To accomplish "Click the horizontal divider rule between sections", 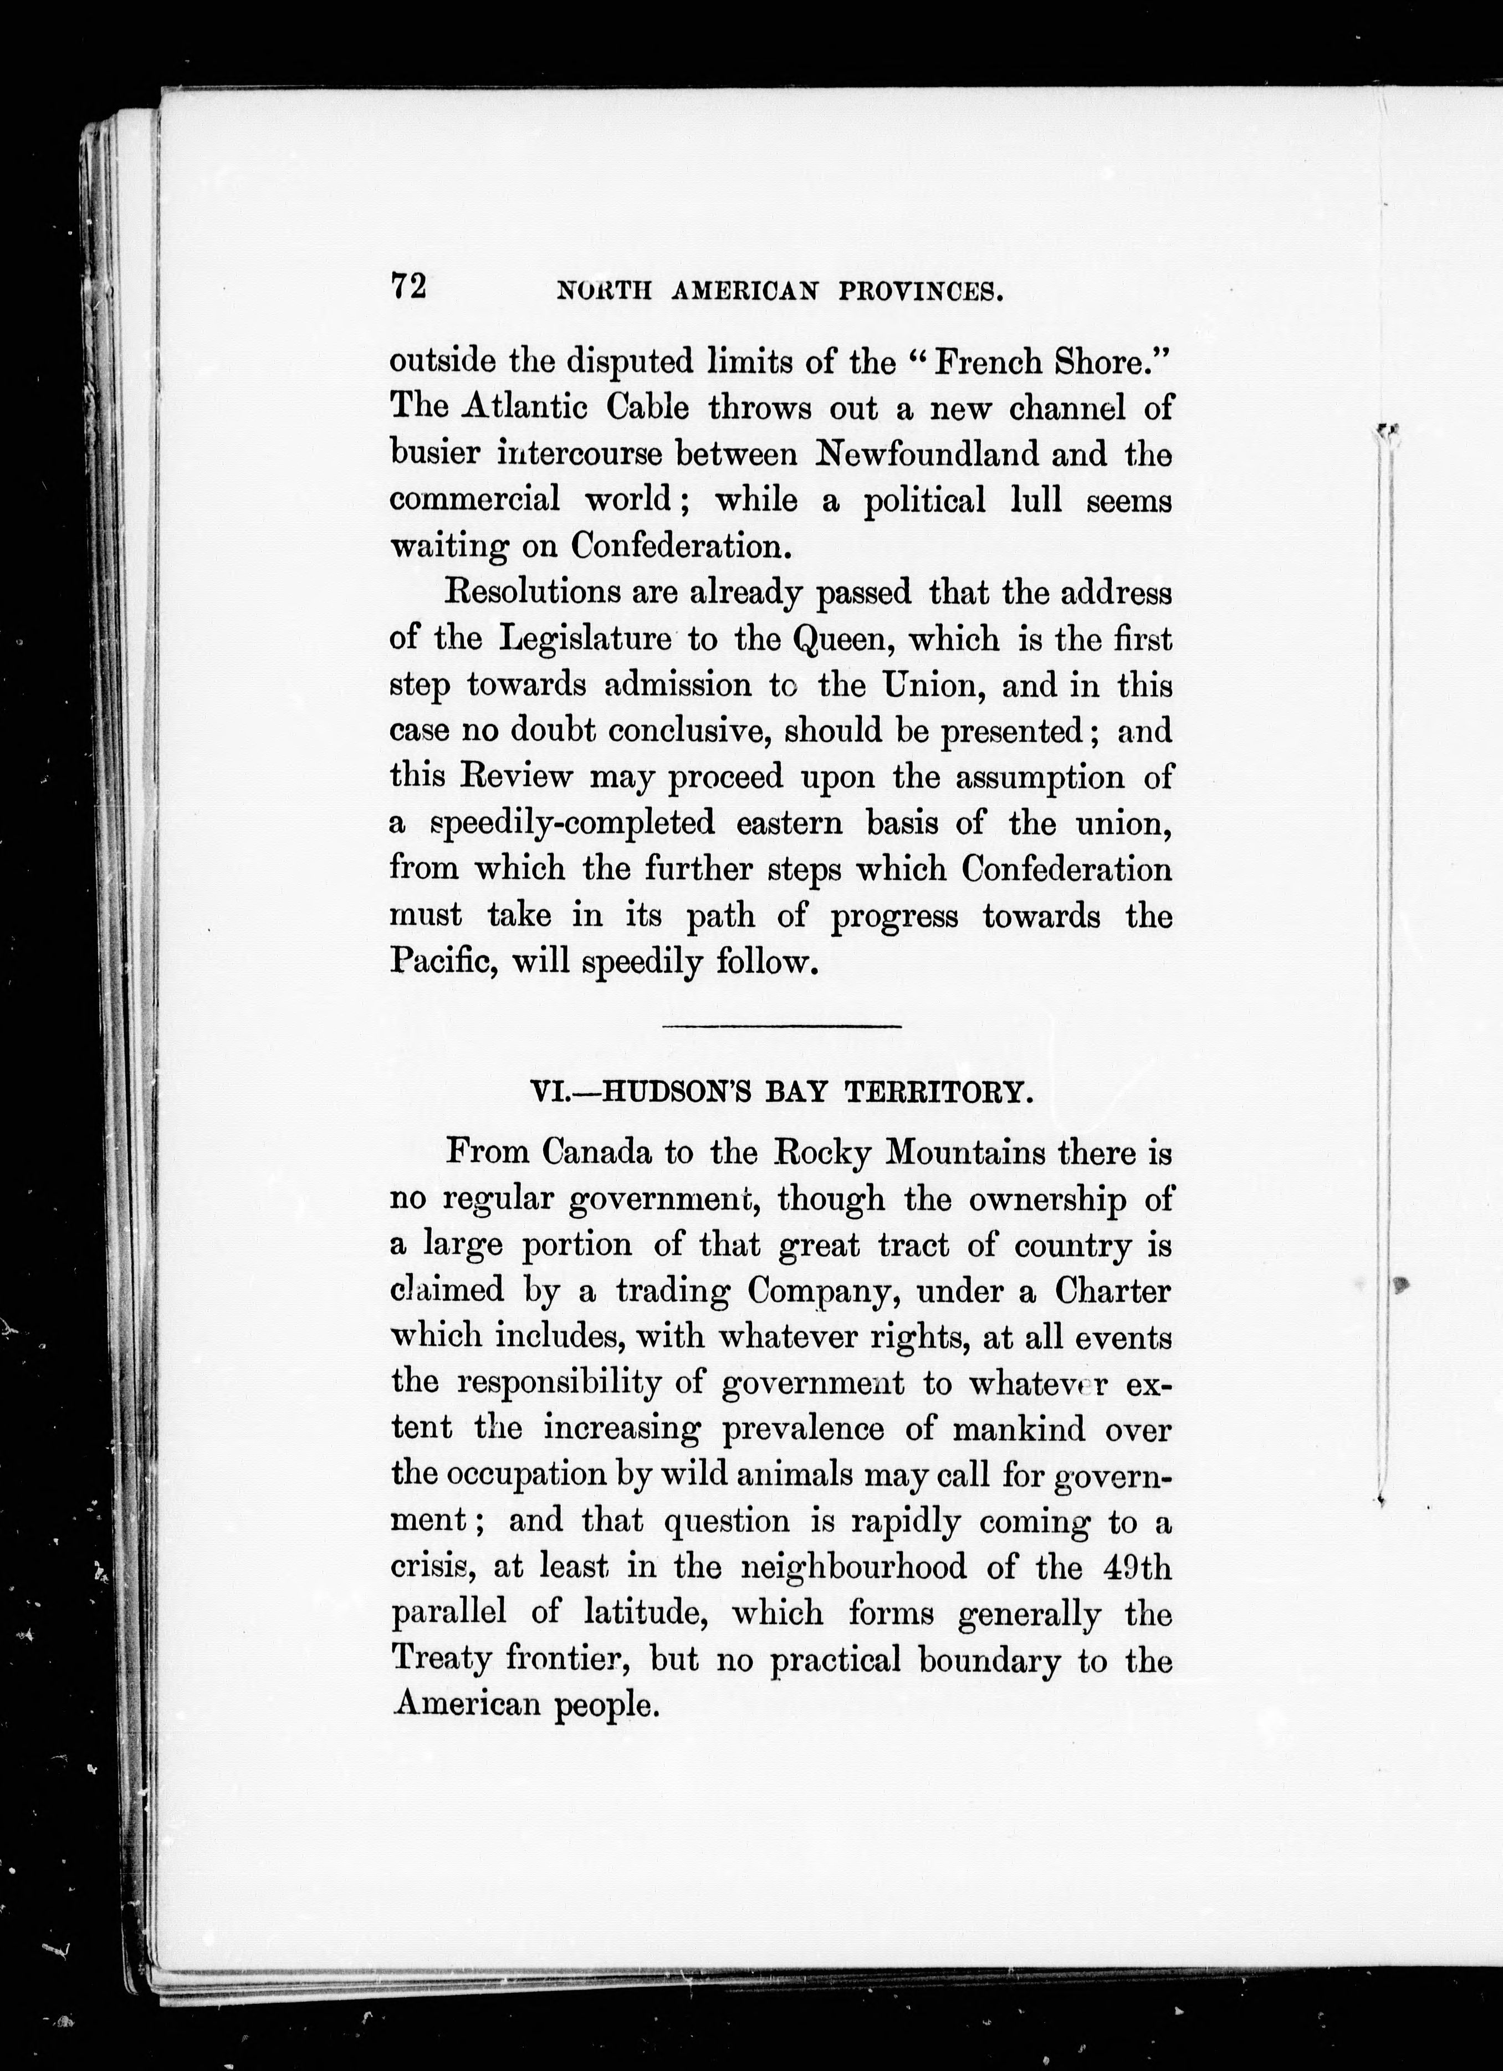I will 781,1027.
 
